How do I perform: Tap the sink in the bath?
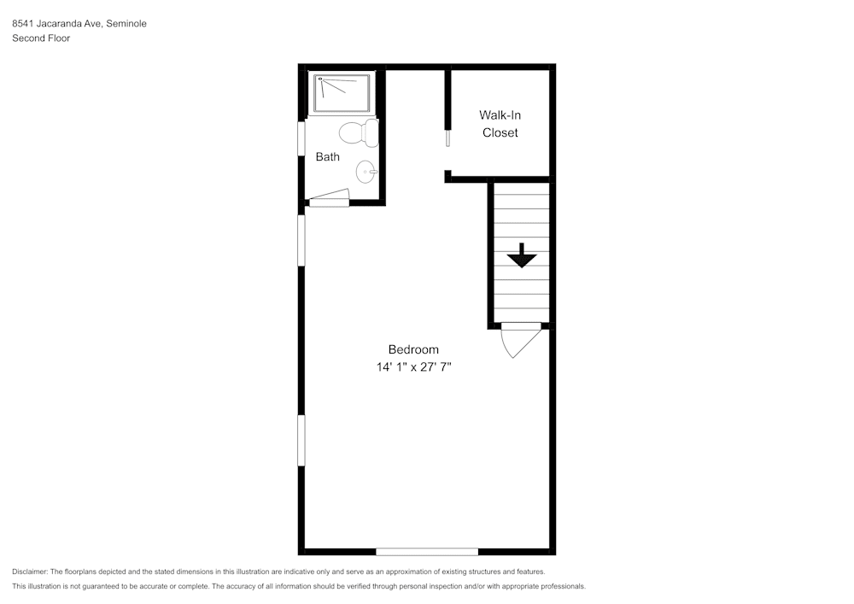click(367, 172)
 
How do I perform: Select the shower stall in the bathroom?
click(342, 93)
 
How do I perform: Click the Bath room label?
click(327, 156)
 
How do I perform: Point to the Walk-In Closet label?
click(500, 124)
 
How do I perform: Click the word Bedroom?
click(413, 349)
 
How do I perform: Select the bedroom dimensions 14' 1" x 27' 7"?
click(413, 367)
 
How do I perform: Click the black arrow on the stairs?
click(520, 255)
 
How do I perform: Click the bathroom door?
click(330, 200)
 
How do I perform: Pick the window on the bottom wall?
click(427, 552)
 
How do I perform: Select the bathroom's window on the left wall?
click(301, 138)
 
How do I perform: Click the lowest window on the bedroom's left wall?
click(301, 440)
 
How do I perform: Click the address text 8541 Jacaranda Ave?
click(57, 24)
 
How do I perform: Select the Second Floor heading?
click(41, 38)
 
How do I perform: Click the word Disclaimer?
click(30, 572)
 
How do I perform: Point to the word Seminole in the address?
click(126, 24)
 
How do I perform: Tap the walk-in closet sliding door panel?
click(447, 138)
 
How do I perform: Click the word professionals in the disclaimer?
click(562, 586)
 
